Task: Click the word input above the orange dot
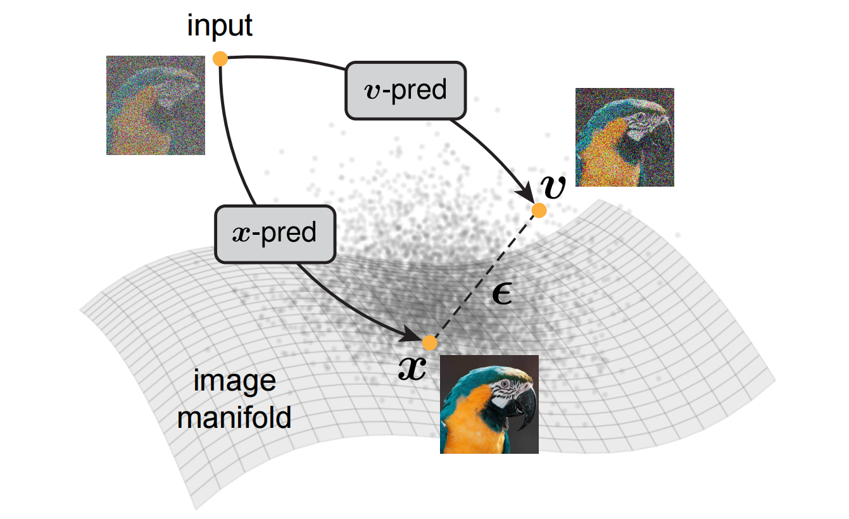[x=220, y=27]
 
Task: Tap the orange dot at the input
[x=220, y=59]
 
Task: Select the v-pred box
[x=405, y=90]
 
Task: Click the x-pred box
[x=275, y=234]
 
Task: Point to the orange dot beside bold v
[x=539, y=210]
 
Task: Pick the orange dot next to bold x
[x=430, y=342]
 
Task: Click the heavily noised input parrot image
[x=156, y=105]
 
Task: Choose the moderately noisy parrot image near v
[x=624, y=137]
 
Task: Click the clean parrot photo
[x=489, y=404]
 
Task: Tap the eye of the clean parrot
[x=504, y=384]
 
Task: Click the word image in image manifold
[x=234, y=382]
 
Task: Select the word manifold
[x=234, y=418]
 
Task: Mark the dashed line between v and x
[x=484, y=277]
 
